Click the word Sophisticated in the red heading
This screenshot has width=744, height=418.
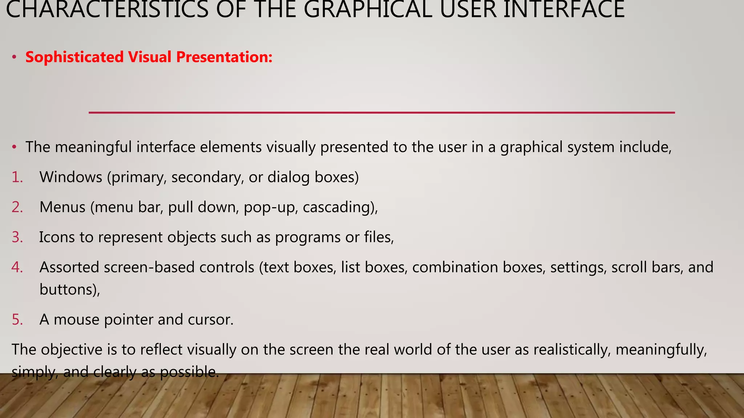[x=74, y=57]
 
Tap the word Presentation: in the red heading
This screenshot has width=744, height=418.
[x=224, y=57]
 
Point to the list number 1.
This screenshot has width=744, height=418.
[x=17, y=177]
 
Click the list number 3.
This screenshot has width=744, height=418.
[x=17, y=237]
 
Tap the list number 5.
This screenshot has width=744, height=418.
[x=17, y=320]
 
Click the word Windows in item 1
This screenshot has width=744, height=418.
[x=71, y=177]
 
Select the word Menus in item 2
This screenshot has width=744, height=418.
[x=62, y=207]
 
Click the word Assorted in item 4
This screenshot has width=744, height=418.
[x=69, y=267]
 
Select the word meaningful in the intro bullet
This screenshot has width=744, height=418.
[x=93, y=147]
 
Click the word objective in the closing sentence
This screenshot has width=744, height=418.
[x=72, y=350]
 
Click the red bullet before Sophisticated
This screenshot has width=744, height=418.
[x=14, y=57]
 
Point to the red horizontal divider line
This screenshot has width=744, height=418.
[x=381, y=113]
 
